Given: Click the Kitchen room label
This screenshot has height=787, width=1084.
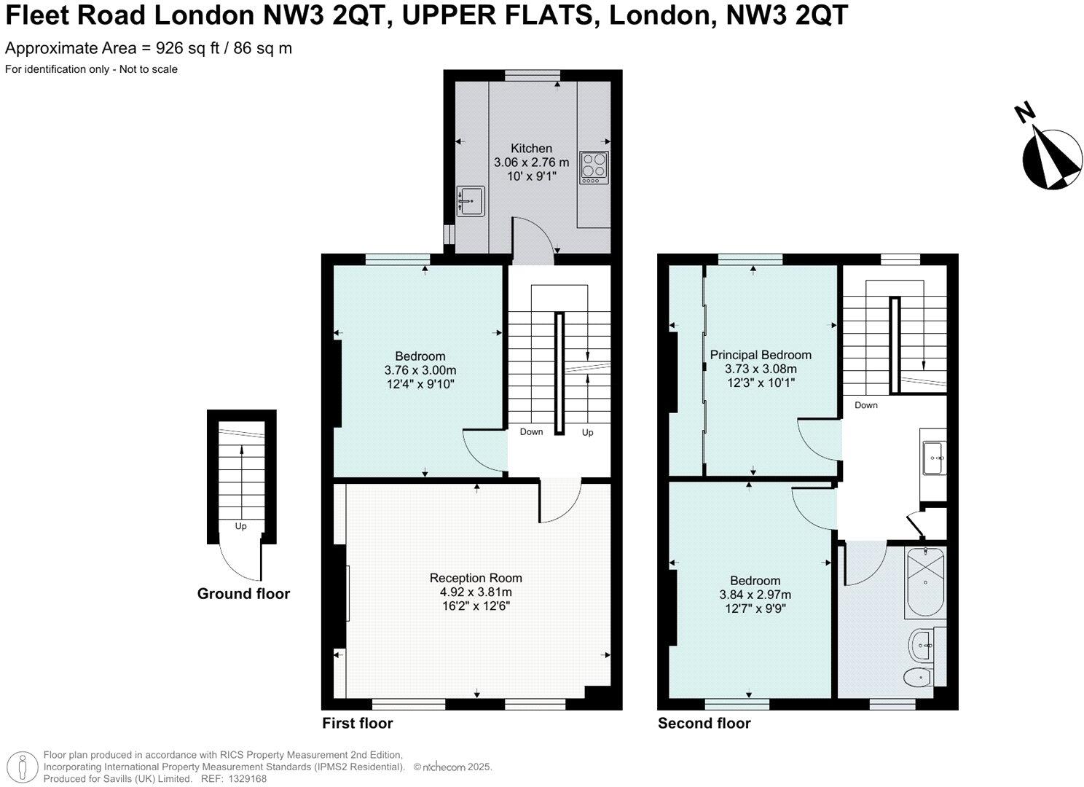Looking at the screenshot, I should point(531,148).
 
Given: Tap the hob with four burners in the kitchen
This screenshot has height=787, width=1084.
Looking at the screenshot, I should point(593,168).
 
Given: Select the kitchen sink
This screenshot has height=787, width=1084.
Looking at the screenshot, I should point(471,200).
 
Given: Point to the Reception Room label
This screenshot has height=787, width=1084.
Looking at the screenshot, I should point(476,578).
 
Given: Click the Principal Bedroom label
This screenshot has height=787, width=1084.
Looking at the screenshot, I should point(761,355).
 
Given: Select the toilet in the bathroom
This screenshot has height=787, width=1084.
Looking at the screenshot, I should point(917,678).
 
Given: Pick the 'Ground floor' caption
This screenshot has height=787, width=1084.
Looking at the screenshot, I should point(243,594).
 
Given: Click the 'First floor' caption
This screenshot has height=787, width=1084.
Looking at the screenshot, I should point(357,723).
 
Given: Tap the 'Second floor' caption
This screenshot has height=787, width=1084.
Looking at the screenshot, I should point(704,723).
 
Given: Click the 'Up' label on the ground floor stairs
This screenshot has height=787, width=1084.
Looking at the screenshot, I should point(240,526).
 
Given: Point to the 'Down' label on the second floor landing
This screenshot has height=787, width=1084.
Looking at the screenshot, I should point(866,405).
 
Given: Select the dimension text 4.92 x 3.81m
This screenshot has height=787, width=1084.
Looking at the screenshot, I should point(476,592).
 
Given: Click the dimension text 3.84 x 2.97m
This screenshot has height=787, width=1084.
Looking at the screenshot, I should point(755,595).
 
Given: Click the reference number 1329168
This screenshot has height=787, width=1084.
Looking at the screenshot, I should point(248,778).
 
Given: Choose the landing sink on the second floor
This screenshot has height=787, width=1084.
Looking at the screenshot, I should point(933,458).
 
